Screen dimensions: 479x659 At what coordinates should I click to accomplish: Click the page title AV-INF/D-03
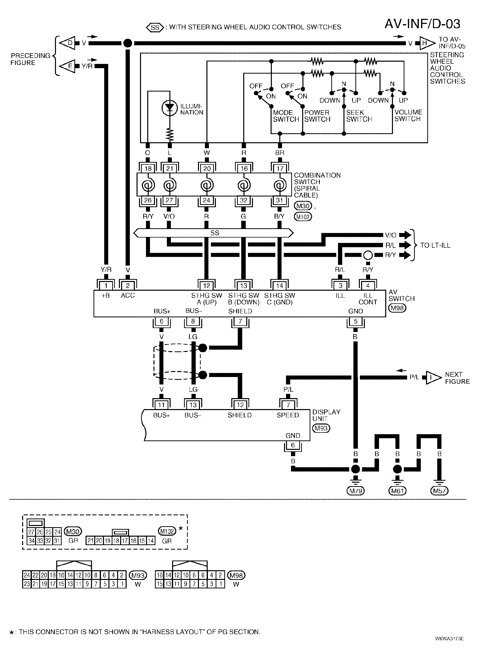(422, 24)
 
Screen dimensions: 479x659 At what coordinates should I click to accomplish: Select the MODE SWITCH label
(286, 116)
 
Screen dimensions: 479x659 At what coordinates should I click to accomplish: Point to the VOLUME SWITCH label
(408, 116)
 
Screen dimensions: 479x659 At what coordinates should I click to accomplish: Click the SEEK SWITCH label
(359, 116)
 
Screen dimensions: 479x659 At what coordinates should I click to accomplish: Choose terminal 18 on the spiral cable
(148, 168)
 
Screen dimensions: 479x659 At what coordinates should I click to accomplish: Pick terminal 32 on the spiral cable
(243, 200)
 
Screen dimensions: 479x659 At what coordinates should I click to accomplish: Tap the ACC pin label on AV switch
(128, 295)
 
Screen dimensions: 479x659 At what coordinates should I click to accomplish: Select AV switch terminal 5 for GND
(355, 321)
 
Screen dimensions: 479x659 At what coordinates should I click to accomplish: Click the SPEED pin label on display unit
(288, 415)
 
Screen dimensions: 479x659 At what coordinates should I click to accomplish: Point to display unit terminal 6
(293, 445)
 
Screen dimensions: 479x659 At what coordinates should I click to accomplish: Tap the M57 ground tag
(439, 491)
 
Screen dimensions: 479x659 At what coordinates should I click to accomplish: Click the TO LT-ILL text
(435, 245)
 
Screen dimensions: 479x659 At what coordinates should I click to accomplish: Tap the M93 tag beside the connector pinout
(138, 575)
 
